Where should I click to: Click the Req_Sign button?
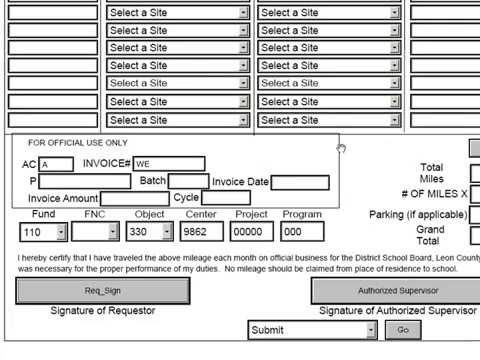103,290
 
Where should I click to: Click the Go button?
403,330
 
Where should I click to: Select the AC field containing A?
56,164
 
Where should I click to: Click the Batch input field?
188,181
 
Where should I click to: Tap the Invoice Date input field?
300,182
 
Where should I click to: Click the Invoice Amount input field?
134,198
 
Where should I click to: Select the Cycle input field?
226,198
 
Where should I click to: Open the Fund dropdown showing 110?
43,232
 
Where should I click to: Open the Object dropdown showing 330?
150,232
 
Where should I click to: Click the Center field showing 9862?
201,232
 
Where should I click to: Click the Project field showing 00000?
250,232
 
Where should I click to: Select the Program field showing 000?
304,232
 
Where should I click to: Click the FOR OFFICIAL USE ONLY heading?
78,143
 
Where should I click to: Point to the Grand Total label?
430,235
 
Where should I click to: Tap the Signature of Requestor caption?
103,311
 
